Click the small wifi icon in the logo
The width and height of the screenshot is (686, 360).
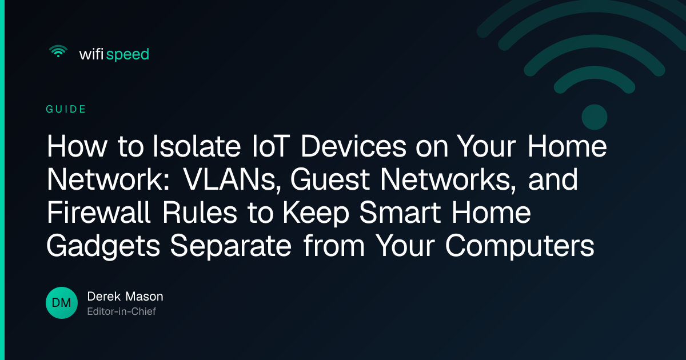tap(58, 51)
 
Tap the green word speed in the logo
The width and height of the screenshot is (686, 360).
tap(127, 55)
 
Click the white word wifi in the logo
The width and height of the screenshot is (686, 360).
tap(91, 54)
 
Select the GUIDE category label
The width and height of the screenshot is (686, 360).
tap(66, 109)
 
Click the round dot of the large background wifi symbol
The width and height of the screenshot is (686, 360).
tap(595, 117)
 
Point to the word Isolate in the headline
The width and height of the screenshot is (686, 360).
tap(197, 146)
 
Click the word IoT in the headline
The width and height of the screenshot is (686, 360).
tap(271, 146)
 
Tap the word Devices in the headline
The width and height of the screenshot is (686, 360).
tap(353, 146)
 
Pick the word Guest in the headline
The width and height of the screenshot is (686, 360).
tap(330, 179)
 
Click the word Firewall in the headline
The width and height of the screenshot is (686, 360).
tap(98, 213)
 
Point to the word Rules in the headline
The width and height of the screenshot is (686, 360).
tap(200, 213)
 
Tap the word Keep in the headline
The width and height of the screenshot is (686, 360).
tap(316, 214)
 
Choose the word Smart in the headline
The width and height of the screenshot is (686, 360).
tap(400, 213)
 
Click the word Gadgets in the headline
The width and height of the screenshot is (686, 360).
tap(103, 247)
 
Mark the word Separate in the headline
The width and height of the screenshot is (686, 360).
tap(230, 247)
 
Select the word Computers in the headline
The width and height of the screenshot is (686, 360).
tap(520, 247)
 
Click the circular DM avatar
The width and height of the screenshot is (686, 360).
tap(62, 303)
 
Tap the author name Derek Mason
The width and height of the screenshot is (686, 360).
tap(125, 297)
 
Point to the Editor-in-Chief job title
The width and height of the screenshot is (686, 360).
tap(122, 311)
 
